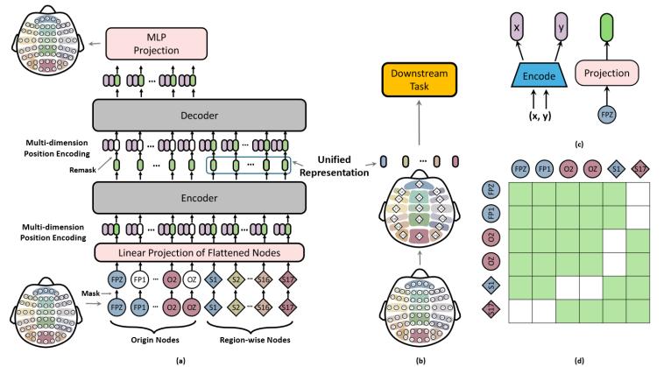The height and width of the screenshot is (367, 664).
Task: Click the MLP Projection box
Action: pos(156,44)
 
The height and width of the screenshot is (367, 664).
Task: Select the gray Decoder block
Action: pos(199,115)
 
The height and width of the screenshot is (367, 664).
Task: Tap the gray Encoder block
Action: pos(199,198)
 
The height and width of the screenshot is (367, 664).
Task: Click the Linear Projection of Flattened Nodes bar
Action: pos(199,253)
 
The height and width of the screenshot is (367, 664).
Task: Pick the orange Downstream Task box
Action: pos(420,80)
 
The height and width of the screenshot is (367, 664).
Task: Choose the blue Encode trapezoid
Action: pos(539,76)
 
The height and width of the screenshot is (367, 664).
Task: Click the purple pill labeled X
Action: pos(517,27)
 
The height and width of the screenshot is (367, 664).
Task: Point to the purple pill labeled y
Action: pos(562,27)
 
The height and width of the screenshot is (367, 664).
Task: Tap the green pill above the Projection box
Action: pos(607,27)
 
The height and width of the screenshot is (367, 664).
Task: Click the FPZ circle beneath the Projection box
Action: pos(607,114)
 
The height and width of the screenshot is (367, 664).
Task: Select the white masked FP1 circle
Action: pos(139,279)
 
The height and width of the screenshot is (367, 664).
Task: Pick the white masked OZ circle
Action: pos(192,279)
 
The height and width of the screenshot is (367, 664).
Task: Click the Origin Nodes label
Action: pos(155,340)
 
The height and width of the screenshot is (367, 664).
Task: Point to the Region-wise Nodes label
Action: pos(255,340)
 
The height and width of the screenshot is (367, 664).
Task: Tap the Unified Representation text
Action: pos(334,166)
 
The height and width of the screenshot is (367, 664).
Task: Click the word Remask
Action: pos(83,170)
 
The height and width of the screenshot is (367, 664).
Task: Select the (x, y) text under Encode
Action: pos(540,116)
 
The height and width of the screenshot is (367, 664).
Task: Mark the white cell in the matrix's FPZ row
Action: pos(638,194)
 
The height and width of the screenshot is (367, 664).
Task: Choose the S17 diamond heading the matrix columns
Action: pos(639,169)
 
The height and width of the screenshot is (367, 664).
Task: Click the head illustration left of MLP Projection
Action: pos(47,46)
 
